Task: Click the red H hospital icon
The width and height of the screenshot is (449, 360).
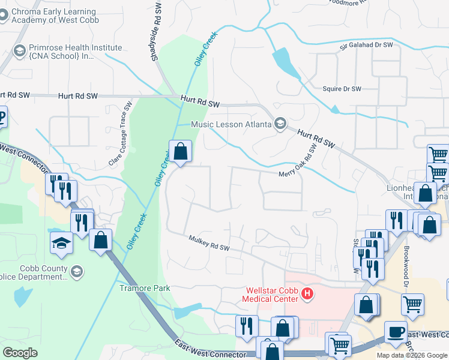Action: click(307, 293)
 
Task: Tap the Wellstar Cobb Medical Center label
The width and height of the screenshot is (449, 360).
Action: click(270, 294)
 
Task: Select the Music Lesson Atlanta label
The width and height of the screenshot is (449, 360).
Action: click(231, 124)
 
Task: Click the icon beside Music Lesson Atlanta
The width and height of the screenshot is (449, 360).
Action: click(279, 124)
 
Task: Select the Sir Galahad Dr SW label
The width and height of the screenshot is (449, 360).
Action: click(366, 45)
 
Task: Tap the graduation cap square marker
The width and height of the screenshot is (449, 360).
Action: click(61, 243)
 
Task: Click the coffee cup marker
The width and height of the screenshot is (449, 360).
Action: click(396, 332)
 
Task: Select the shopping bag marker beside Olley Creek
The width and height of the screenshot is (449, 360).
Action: click(180, 152)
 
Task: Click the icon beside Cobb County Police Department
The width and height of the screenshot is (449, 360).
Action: click(77, 272)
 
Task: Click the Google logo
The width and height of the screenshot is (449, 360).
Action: click(20, 353)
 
